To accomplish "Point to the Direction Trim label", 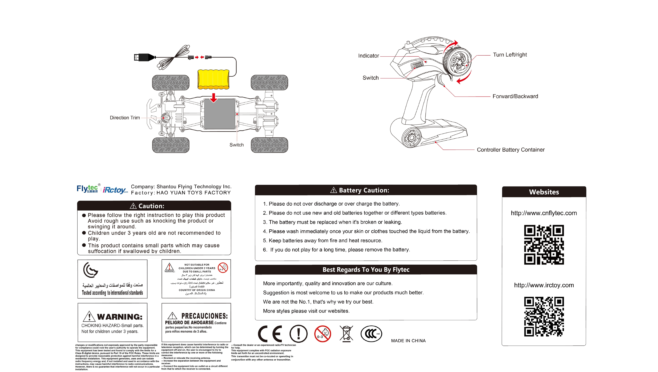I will click(125, 118).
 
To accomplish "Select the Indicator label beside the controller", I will click(368, 56).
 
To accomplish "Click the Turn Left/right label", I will click(510, 55).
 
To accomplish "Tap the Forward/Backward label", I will click(515, 96).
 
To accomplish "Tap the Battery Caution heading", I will click(364, 190).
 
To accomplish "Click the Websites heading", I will click(544, 192).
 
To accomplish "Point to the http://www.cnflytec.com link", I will click(544, 213).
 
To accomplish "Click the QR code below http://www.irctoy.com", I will click(544, 317).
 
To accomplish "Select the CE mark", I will click(270, 334).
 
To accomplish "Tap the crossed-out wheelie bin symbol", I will click(346, 334).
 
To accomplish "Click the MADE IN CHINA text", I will click(408, 341).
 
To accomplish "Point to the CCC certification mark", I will click(371, 334).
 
